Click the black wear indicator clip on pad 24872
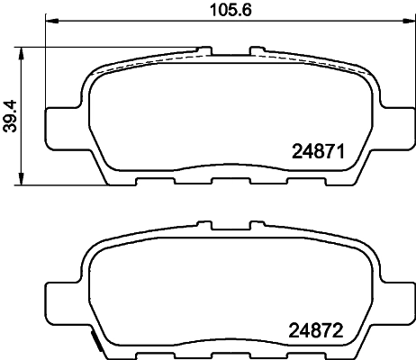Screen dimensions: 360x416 click(95, 340)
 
